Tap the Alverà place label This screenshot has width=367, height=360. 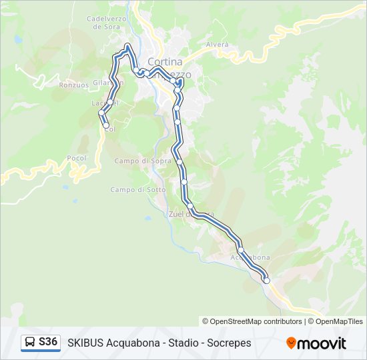click(218, 45)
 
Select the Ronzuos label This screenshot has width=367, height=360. click(73, 85)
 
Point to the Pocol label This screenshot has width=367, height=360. click(77, 158)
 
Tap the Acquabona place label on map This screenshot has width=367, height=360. click(250, 257)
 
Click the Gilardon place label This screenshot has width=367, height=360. click(108, 83)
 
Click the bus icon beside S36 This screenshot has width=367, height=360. click(30, 343)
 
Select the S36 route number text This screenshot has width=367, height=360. click(48, 342)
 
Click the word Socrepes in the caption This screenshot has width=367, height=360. click(229, 343)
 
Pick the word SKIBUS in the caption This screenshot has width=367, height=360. click(85, 343)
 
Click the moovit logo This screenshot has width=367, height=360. click(316, 343)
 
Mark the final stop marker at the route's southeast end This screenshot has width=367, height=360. click(266, 281)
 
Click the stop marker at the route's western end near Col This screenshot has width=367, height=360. click(105, 125)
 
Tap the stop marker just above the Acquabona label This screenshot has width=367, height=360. click(240, 251)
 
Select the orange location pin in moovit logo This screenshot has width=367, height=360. click(291, 343)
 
